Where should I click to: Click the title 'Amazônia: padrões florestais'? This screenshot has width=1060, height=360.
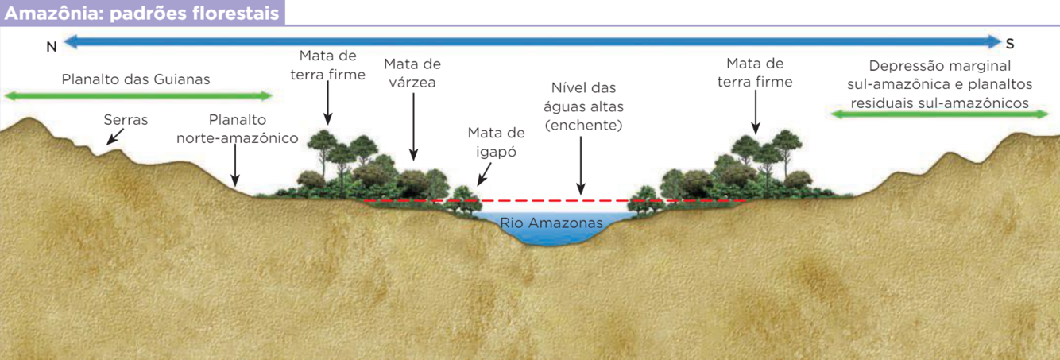click(x=141, y=13)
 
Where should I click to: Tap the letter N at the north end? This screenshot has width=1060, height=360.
click(x=52, y=47)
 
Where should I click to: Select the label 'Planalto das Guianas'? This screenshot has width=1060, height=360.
click(x=136, y=79)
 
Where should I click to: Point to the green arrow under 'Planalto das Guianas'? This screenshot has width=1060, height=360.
click(x=138, y=96)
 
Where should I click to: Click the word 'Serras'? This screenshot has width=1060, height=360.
click(x=126, y=120)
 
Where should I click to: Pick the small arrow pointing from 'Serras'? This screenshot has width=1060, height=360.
click(x=115, y=138)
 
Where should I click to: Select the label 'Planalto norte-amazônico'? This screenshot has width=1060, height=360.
click(x=237, y=129)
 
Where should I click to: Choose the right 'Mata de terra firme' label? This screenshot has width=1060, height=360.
click(x=755, y=72)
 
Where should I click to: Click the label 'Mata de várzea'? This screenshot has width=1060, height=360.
click(x=412, y=72)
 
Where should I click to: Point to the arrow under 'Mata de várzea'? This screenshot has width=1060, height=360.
click(x=413, y=127)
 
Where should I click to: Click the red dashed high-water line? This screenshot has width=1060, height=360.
click(x=556, y=201)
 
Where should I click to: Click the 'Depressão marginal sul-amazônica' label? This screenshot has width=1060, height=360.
click(x=939, y=84)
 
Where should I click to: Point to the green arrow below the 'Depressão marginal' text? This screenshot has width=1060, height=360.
click(x=939, y=114)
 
